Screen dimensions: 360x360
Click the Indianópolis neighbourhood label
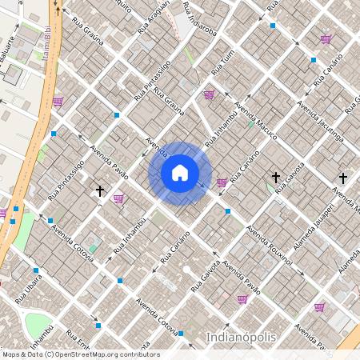click(242, 337)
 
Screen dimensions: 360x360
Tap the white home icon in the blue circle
click(180, 173)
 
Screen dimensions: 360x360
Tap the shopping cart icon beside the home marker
click(222, 182)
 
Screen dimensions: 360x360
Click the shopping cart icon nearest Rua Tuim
click(209, 94)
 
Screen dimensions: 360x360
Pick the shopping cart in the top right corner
click(326, 38)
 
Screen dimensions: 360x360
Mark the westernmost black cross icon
click(100, 191)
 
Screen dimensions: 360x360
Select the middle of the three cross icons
click(276, 177)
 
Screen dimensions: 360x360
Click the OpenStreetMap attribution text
click(80, 354)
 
